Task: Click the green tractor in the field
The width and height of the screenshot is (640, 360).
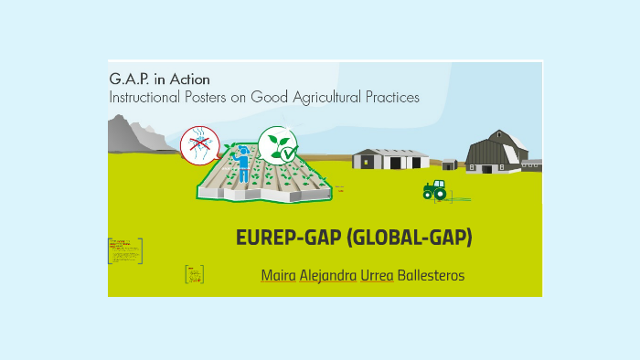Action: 434,190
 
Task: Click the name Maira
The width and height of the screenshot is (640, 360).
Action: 278,275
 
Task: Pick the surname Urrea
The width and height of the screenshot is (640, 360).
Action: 378,275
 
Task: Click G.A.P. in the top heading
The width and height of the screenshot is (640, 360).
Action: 130,79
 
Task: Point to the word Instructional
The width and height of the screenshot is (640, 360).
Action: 147,97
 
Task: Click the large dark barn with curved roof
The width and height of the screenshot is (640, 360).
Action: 495,152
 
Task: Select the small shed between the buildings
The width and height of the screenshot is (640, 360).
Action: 449,164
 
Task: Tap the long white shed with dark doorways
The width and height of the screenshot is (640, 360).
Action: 390,159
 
